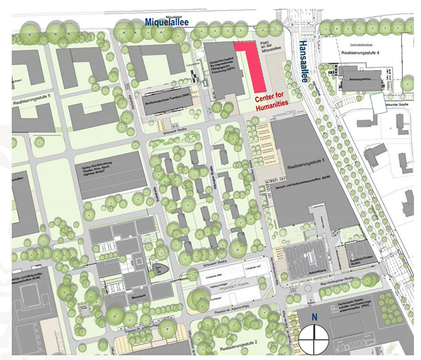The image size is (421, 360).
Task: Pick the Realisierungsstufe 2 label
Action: click(x=240, y=341)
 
